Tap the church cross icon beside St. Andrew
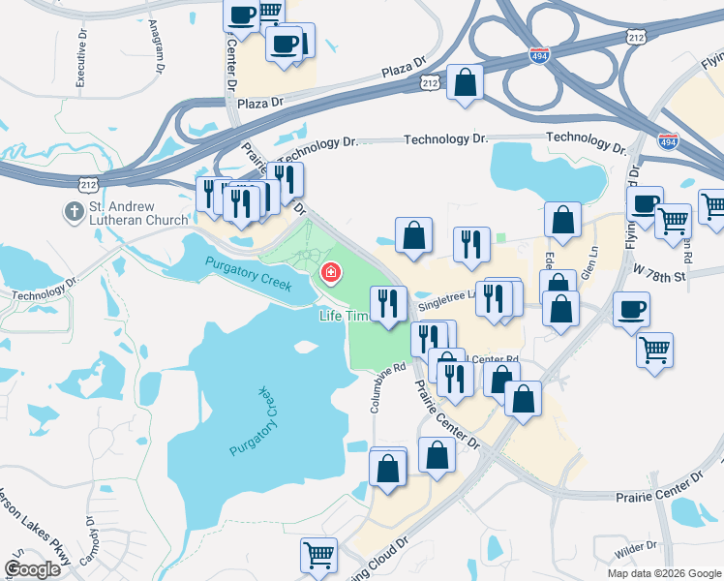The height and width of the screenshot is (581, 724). click(72, 210)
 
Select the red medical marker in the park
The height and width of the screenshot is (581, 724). click(331, 275)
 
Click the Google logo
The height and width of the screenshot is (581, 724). click(32, 569)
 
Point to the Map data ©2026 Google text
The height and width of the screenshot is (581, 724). click(663, 573)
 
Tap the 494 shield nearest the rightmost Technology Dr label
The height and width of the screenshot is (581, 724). click(668, 141)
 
